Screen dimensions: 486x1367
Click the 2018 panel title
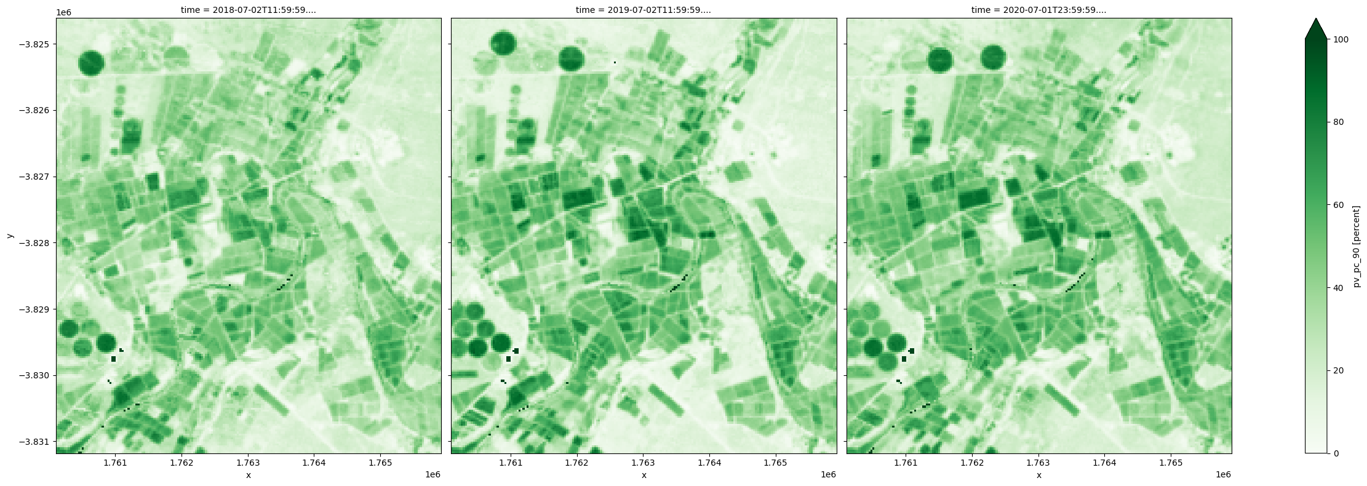248,10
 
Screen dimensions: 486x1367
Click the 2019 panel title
644,10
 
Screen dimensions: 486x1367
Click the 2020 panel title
1038,10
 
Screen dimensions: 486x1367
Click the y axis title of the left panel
9,236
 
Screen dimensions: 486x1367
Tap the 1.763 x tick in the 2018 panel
247,463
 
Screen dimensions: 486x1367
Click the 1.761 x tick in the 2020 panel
906,463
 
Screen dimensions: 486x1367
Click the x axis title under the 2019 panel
644,475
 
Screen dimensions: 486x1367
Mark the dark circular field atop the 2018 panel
91,63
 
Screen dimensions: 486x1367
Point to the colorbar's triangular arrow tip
1315,20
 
